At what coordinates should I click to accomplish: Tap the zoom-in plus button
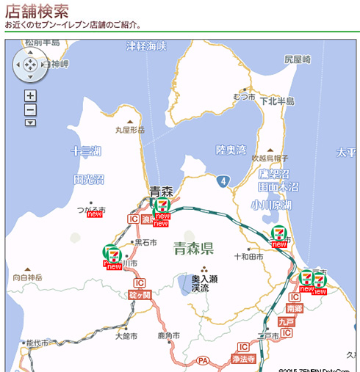coord(30,95)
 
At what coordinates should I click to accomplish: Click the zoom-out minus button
coord(30,109)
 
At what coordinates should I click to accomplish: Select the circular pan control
coord(30,66)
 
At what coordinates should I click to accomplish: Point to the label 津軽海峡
coord(146,46)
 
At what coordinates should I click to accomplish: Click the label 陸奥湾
coord(231,150)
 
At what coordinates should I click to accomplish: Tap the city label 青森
coord(161,191)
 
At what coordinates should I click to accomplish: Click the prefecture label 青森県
coord(193,247)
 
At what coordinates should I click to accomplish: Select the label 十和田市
coord(248,257)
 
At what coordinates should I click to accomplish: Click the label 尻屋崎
coord(298,59)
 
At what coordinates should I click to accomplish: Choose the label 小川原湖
coord(270,205)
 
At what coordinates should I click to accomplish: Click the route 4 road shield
coord(223,180)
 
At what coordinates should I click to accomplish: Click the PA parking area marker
coord(204,360)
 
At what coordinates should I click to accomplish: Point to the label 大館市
coord(126,336)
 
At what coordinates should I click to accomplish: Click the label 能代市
coord(36,343)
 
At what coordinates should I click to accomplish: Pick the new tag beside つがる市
coord(94,214)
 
